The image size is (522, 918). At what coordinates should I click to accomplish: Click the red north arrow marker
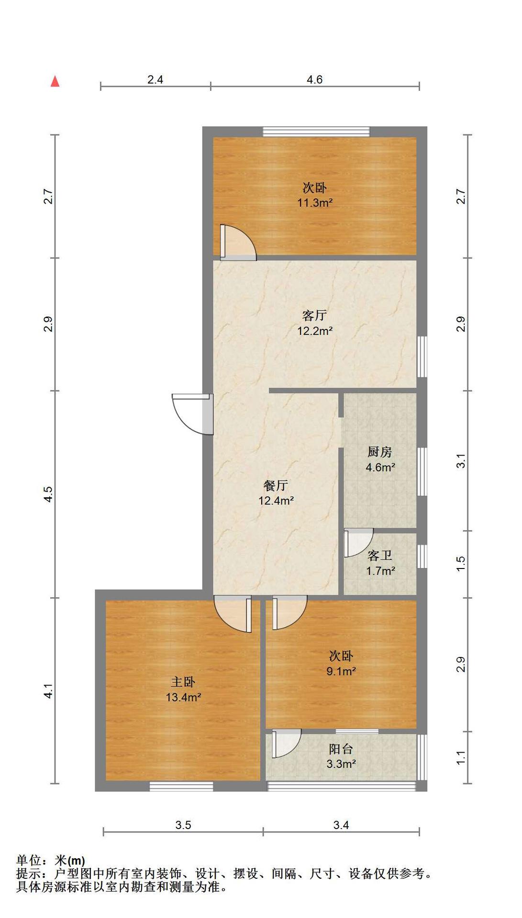coord(55,81)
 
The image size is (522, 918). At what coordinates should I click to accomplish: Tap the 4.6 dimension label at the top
coord(314,79)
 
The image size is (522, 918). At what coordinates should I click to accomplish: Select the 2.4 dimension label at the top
coord(155,79)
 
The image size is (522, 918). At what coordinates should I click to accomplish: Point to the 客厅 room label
coord(314,315)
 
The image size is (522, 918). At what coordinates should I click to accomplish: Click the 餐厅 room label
coord(276,485)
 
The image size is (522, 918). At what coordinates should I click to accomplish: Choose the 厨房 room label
coord(380,452)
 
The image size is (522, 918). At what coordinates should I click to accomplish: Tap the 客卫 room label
coord(380,555)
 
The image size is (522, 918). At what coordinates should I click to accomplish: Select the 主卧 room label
coord(183,682)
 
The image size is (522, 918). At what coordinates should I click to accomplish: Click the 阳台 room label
coord(341,749)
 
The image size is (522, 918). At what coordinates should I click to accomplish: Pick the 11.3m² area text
coord(315,203)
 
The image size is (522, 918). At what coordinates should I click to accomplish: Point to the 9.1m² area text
coord(341,671)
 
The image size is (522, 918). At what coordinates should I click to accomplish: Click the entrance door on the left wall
coord(192,414)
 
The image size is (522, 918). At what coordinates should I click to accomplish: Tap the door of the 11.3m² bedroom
coord(238,242)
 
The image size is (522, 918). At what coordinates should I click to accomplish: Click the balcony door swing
coord(287,743)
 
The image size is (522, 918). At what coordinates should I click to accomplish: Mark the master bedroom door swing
coord(233,614)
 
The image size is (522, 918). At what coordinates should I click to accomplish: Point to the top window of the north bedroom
coord(316,131)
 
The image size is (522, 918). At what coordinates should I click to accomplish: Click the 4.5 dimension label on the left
coord(48,494)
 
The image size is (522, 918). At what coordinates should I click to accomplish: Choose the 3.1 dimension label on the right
coord(461,461)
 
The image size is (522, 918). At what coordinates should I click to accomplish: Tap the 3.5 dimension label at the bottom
coord(183,825)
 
